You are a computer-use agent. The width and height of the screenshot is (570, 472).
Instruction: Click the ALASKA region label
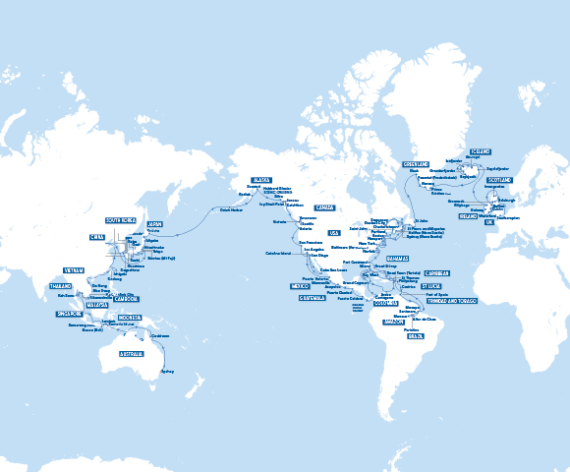point(261,181)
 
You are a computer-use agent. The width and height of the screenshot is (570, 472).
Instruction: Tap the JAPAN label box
point(154,223)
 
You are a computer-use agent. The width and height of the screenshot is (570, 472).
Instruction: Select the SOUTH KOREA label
point(122,220)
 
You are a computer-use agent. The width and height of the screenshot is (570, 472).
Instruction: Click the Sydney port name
point(166,372)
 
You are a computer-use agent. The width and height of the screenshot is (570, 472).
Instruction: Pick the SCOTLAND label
point(499,180)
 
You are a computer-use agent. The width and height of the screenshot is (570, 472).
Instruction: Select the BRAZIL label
point(416,336)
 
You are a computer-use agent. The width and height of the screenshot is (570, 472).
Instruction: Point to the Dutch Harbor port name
point(230,209)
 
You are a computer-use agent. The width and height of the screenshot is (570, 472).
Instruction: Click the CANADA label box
point(325,207)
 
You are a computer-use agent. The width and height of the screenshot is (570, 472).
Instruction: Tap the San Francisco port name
point(310,242)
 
